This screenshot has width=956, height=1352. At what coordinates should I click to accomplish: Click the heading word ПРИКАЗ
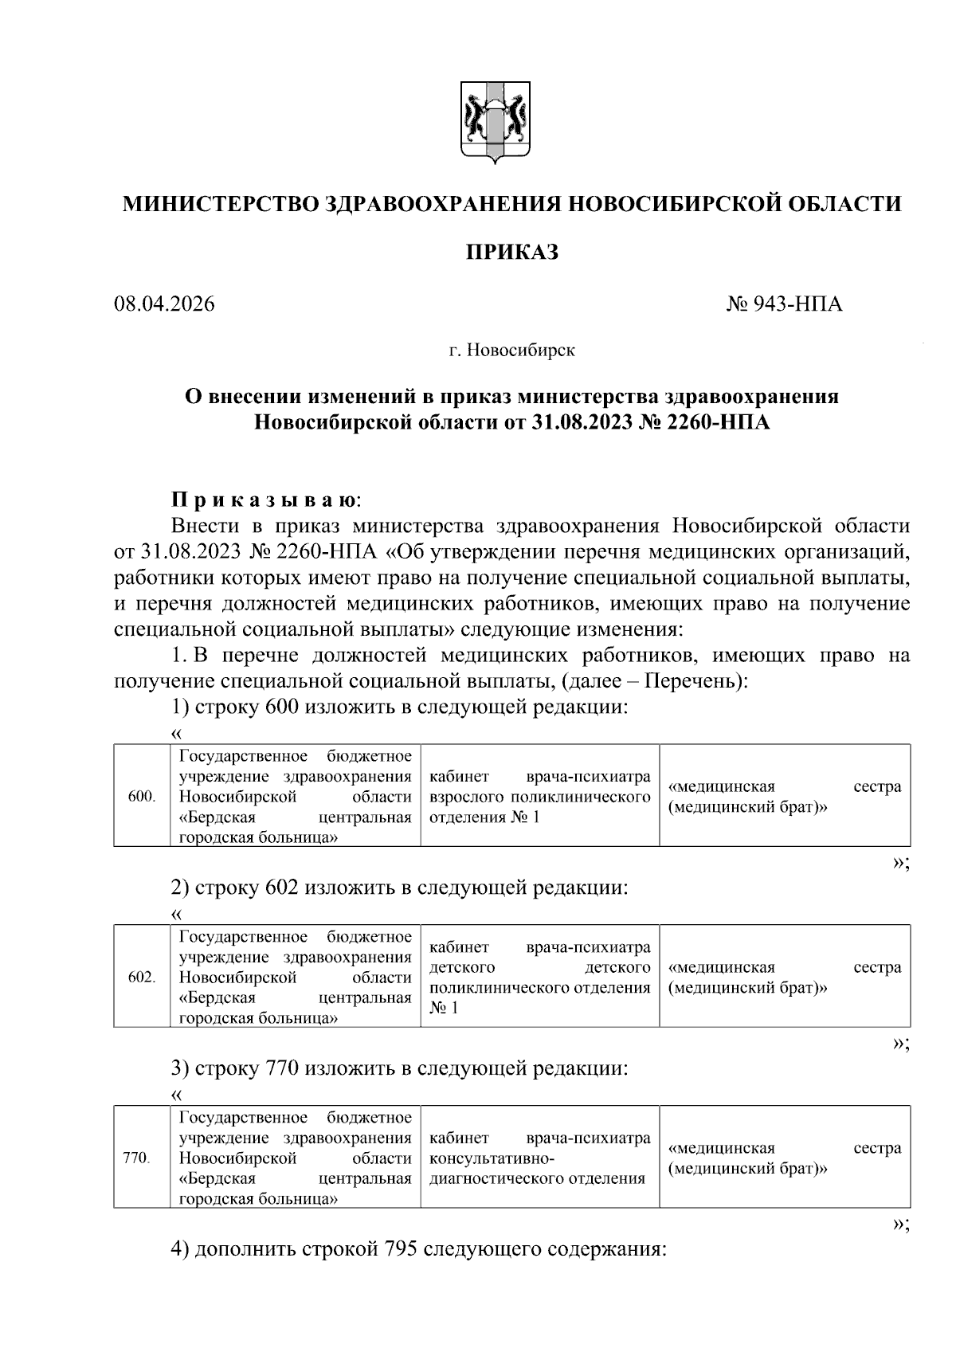point(511,253)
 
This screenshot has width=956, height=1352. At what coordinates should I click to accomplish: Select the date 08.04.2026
point(164,304)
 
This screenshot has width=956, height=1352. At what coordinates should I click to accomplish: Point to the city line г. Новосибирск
point(511,350)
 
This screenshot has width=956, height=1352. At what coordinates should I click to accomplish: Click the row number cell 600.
point(142,796)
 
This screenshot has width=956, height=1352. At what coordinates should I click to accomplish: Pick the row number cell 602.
point(142,977)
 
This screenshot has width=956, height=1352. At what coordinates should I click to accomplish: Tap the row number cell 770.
point(136,1158)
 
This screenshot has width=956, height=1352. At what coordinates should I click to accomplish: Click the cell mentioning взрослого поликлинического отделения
point(539,796)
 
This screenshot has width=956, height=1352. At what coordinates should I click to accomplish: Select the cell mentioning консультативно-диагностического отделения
point(539,1158)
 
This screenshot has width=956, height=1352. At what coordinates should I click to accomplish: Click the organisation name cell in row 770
point(295,1158)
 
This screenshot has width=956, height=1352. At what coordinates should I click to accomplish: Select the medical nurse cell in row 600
point(785,796)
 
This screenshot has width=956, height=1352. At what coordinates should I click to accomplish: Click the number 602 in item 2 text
point(280,887)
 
